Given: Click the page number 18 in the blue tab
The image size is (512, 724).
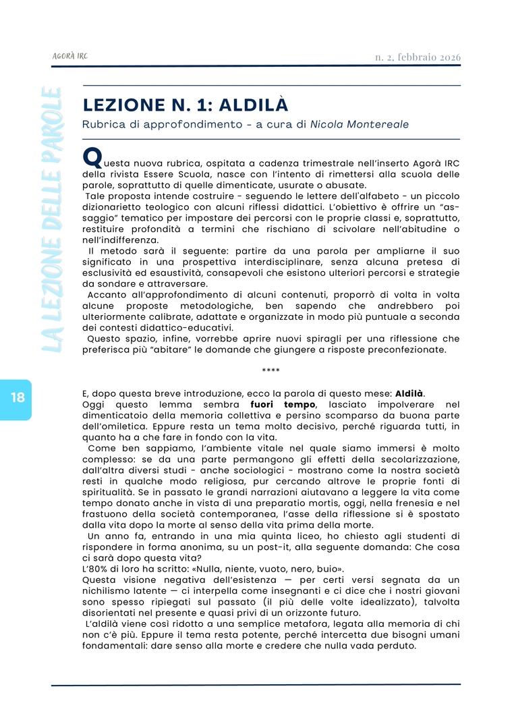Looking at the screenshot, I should (18, 397).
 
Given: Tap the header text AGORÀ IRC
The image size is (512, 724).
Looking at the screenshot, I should (69, 56).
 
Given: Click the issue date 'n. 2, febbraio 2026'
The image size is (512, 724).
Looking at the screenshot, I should (418, 57).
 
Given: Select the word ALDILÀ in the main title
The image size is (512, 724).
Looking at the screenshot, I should (254, 105).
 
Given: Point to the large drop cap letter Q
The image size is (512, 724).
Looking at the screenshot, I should (92, 158).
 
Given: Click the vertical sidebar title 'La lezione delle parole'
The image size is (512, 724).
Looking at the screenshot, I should (53, 219).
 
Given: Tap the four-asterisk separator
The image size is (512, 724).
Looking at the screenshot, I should (271, 370).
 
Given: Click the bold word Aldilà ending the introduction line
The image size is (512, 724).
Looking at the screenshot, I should (409, 394).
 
